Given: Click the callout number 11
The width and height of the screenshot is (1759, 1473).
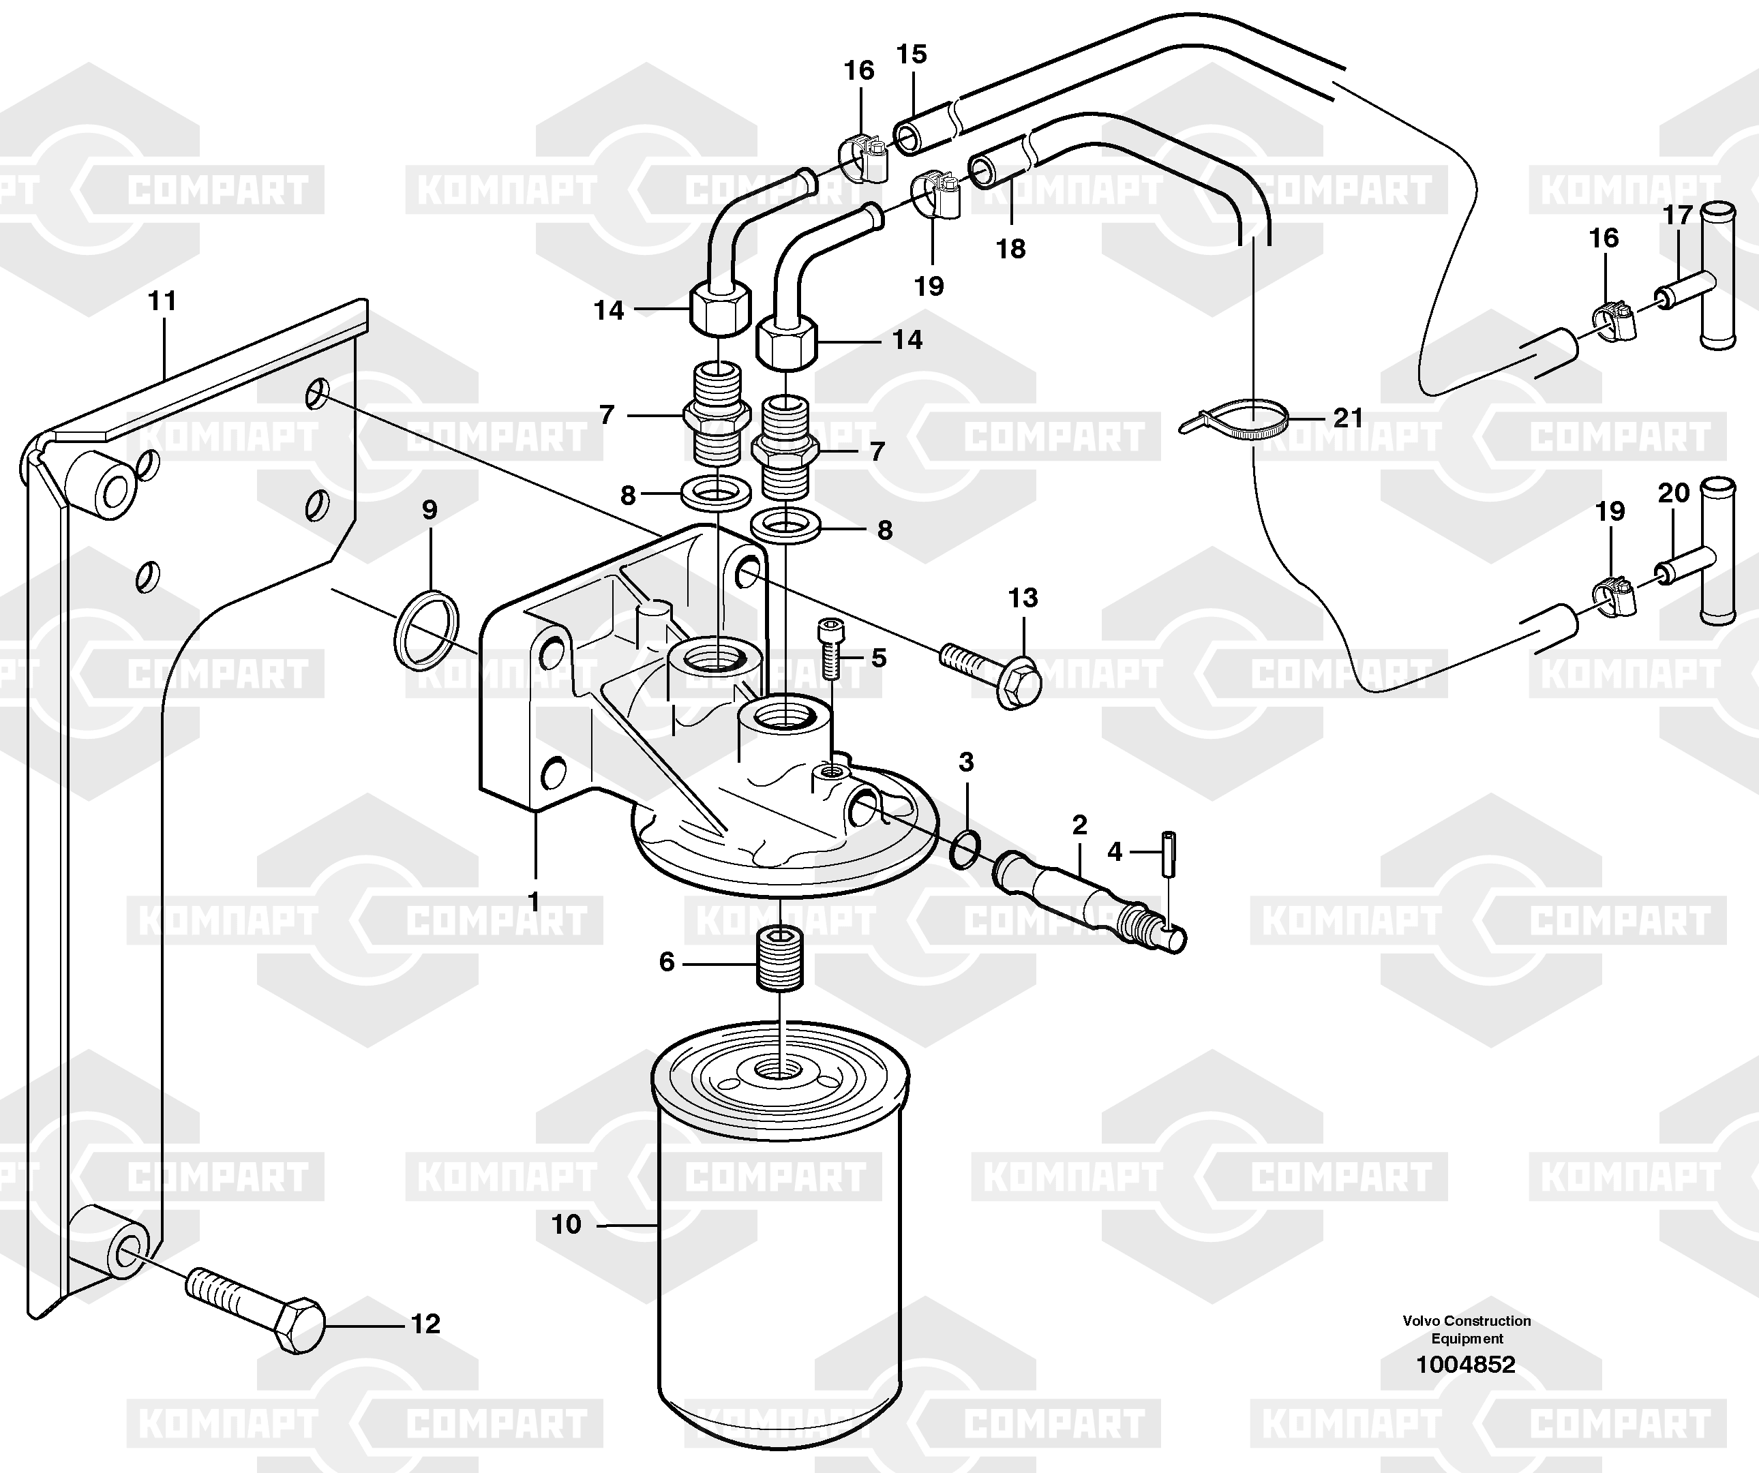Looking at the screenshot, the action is (x=162, y=301).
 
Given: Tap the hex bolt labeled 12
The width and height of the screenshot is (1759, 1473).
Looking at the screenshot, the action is (x=256, y=1309).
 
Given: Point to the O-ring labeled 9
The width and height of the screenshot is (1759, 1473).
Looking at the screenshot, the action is (x=426, y=630).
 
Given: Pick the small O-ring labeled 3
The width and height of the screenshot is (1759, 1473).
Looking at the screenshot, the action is (x=966, y=849).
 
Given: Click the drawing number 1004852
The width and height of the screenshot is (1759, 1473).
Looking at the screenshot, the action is (x=1466, y=1364).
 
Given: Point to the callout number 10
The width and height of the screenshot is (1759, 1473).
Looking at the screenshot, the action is (x=567, y=1224).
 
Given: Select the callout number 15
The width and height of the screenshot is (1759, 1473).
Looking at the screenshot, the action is (x=912, y=55).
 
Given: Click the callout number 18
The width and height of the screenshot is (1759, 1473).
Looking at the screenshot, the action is (x=1011, y=249).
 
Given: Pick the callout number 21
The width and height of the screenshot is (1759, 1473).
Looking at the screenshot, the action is (x=1349, y=417).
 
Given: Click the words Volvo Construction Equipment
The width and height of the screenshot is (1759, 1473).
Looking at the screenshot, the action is (x=1467, y=1329).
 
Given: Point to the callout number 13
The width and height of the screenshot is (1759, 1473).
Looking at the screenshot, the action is (x=1023, y=598).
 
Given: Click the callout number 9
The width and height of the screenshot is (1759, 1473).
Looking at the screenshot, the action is (x=430, y=509).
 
